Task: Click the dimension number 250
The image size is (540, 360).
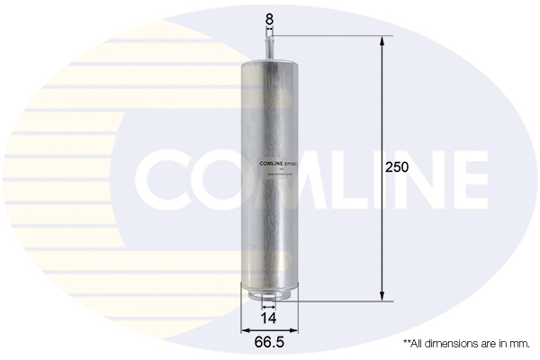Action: coord(396,168)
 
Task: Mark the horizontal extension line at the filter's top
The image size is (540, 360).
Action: coord(333,36)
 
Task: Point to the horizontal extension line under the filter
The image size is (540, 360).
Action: coord(342,301)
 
